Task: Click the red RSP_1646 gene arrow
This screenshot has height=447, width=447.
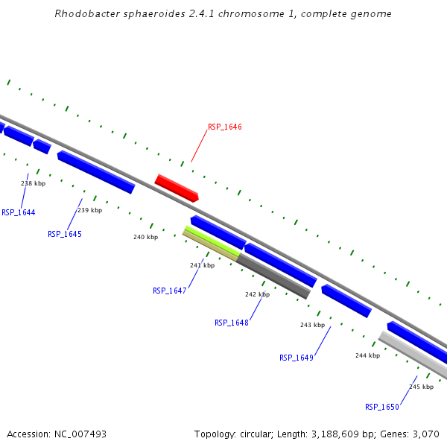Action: click(x=177, y=188)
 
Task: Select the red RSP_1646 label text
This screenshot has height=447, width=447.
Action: click(x=224, y=127)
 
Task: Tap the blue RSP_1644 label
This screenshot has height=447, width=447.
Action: click(x=19, y=212)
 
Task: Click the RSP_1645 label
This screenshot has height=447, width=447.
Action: click(x=65, y=234)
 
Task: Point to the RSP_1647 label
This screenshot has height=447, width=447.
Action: click(x=169, y=291)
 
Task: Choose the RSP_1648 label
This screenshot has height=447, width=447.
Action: click(x=232, y=323)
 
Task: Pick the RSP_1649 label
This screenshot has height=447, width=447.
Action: click(x=297, y=358)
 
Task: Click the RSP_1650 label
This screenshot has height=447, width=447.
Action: click(x=382, y=407)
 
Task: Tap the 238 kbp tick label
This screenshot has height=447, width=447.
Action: click(x=33, y=183)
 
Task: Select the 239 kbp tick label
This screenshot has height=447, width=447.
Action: click(x=89, y=210)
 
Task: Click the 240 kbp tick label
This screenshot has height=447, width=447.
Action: click(x=145, y=237)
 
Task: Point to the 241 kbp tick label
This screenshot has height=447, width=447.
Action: click(x=202, y=265)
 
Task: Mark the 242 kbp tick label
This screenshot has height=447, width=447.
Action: click(x=257, y=294)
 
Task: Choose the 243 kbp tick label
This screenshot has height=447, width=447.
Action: click(x=312, y=325)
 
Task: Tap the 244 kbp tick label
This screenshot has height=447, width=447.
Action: click(x=367, y=355)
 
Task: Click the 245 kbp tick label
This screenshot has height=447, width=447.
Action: click(x=421, y=387)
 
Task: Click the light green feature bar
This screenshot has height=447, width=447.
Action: click(x=212, y=241)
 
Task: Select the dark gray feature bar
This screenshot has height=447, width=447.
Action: click(x=273, y=276)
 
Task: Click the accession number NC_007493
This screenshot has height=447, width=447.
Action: click(x=80, y=434)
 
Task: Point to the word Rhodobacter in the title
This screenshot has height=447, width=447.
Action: click(x=84, y=14)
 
